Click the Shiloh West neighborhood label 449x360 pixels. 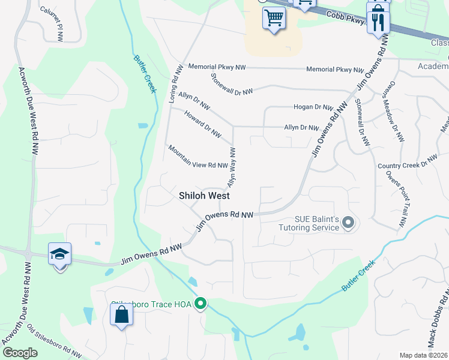(205, 196)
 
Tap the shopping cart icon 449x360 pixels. (274, 18)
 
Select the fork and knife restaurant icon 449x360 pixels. (378, 22)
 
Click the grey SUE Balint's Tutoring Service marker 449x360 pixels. (348, 224)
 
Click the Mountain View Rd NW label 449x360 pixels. (197, 157)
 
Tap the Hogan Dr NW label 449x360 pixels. (313, 107)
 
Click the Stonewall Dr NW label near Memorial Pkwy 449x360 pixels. (232, 83)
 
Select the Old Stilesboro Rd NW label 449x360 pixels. (54, 342)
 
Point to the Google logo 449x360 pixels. (20, 353)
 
